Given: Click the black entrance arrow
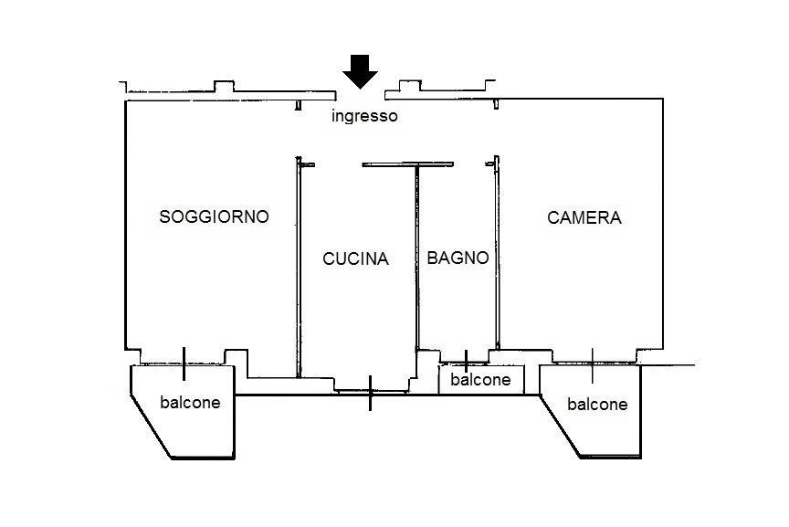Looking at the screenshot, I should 362,71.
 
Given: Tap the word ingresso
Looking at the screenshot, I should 364,116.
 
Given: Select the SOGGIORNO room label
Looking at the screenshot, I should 214,216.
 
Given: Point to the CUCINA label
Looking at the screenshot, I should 355,258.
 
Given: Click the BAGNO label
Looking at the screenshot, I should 458,258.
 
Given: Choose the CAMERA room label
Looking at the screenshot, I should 584,217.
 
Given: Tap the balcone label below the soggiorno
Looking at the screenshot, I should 190,402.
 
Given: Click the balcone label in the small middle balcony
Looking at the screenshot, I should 480,380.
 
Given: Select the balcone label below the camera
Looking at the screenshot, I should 597,404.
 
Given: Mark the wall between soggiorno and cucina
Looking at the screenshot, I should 299,274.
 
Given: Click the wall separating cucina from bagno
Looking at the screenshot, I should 416,274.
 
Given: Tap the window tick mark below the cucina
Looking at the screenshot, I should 370,393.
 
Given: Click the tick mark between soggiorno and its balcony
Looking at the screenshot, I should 184,364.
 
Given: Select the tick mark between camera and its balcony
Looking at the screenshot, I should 592,364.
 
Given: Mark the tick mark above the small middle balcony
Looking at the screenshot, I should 466,360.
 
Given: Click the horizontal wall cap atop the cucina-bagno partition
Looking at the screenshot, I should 394,164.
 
